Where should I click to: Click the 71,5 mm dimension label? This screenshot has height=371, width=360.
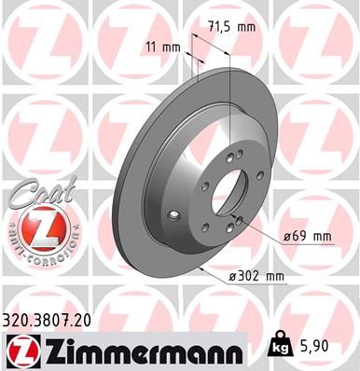click(231, 27)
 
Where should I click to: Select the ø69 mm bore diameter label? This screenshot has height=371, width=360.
click(309, 236)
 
